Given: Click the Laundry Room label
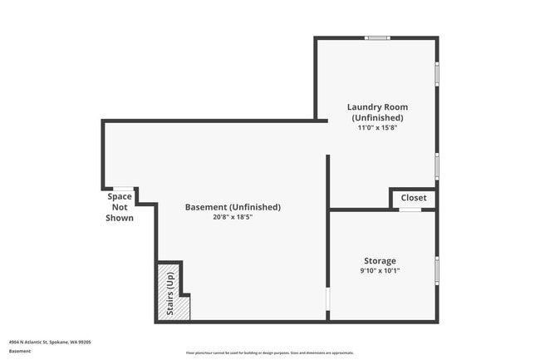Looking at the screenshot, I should [377, 107].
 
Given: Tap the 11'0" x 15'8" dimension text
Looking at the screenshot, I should [377, 128].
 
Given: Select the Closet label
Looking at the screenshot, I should [414, 198].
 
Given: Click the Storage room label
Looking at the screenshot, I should [379, 261].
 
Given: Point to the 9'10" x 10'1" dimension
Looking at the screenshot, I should [379, 271].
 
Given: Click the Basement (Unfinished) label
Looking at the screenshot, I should [232, 207].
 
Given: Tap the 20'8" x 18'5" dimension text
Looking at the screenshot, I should [232, 218].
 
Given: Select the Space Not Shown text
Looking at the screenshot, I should [120, 207].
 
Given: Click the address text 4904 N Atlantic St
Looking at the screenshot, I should [50, 342].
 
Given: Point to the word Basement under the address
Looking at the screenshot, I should [20, 352].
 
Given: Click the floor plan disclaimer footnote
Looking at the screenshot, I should [270, 353].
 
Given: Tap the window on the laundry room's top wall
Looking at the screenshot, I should [378, 37].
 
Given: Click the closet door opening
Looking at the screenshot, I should [410, 210].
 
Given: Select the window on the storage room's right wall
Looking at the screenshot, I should [437, 271].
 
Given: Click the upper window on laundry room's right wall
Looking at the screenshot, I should [437, 74].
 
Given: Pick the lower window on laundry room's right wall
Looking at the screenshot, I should [437, 165].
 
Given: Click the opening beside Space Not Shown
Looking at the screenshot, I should [123, 189].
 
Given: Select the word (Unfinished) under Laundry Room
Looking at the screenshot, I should [377, 118].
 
